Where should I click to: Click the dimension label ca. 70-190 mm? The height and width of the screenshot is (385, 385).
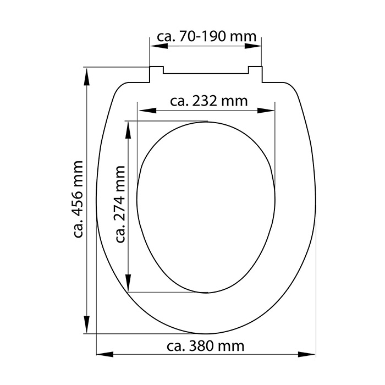coord(206,37)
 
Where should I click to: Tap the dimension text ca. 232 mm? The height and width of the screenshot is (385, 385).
coord(209,101)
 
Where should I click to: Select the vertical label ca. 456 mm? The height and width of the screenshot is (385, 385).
coord(78,199)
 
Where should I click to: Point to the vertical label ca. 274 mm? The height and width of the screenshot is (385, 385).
coord(120,204)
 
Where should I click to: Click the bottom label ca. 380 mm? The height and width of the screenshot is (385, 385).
coord(206,346)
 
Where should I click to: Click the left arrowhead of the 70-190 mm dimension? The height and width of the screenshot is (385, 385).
coord(159,46)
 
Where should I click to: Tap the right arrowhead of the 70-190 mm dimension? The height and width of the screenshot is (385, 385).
coord(253,46)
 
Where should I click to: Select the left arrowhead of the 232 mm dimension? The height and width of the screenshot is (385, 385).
coord(147,111)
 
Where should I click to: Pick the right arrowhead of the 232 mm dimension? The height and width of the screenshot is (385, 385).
coord(266,111)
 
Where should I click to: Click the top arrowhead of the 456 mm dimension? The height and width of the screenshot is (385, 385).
coord(86,77)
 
